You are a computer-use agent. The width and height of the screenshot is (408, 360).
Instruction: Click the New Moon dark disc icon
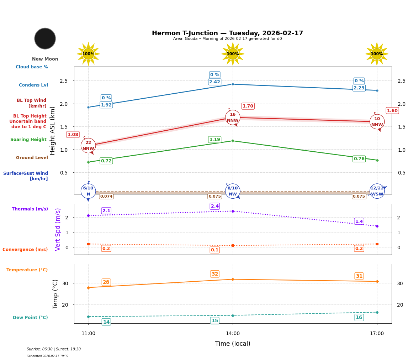coord(45,38)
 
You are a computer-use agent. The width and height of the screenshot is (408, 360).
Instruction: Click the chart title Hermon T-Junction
coord(227,33)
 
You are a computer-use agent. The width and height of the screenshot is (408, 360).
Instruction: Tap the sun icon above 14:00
coord(233,54)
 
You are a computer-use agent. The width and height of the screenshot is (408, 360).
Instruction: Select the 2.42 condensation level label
coord(214,82)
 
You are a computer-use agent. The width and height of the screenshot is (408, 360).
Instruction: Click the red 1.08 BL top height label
coord(73,135)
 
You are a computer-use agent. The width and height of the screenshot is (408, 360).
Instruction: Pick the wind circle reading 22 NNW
coord(88,146)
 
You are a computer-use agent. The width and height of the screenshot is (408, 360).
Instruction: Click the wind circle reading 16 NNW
coord(233,118)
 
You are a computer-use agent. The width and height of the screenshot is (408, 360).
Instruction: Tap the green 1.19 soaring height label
coord(214,140)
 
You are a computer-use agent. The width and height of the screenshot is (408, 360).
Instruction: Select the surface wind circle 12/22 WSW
coord(377,191)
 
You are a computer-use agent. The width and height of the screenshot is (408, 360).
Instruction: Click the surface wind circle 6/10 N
coord(88,191)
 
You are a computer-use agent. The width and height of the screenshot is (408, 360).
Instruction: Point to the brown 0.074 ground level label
coord(106,196)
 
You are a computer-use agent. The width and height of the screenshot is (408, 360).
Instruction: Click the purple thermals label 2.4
coord(215,206)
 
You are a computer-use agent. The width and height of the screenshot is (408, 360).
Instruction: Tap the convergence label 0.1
coord(214,250)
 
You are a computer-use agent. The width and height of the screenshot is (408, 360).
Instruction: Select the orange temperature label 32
coord(214,274)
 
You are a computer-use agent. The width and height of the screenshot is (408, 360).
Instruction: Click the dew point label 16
coord(359,318)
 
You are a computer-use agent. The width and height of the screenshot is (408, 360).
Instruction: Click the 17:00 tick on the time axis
coord(377,334)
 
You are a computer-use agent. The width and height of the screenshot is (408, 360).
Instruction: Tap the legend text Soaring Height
coord(28,140)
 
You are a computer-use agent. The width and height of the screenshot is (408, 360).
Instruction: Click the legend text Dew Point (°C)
coord(30,318)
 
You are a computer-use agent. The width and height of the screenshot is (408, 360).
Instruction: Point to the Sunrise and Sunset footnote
coord(54,349)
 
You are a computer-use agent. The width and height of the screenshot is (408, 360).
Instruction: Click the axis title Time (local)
coord(233,344)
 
